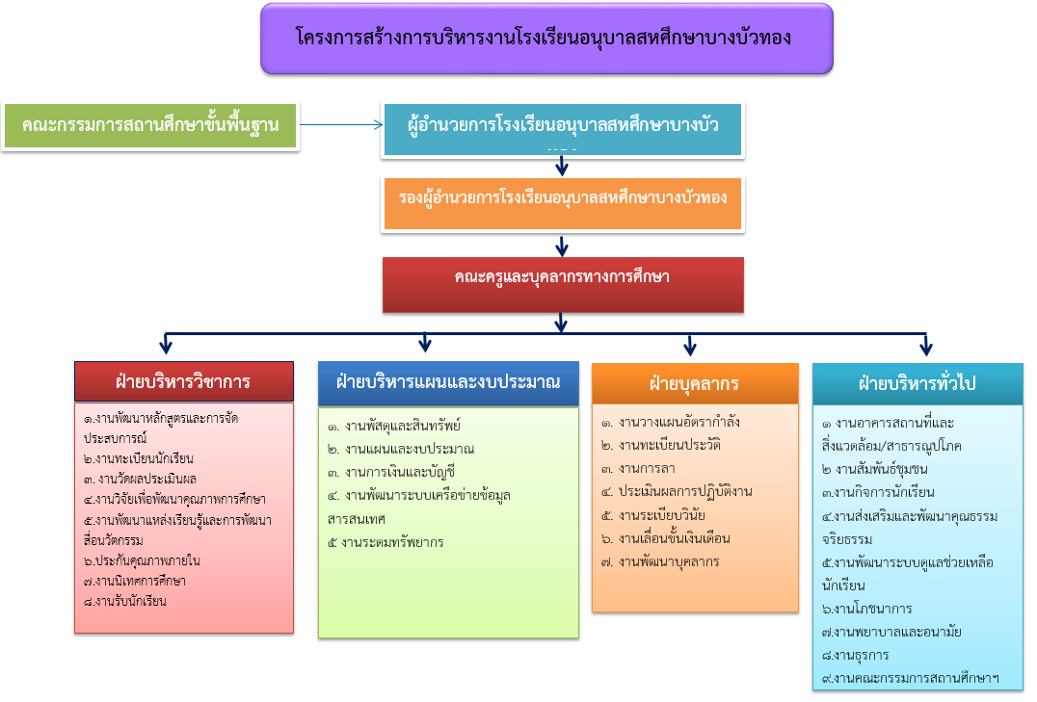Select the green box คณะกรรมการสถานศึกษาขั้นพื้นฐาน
149,126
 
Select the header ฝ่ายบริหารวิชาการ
183,381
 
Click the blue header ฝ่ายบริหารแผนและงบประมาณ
448,381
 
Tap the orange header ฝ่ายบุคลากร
695,383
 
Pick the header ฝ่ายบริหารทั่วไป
917,382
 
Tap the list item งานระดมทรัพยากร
386,542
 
